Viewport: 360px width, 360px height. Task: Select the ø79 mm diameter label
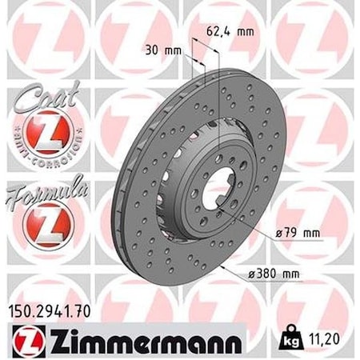[277, 234]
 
